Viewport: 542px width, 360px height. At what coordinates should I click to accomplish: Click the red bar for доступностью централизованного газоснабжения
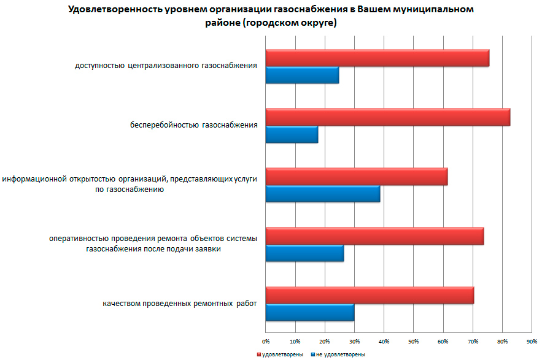point(377,58)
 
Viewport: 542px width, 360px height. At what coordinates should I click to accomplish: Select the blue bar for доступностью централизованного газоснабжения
point(302,75)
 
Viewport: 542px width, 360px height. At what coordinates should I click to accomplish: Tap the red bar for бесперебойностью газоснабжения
point(387,117)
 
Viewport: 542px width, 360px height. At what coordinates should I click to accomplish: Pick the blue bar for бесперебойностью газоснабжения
point(292,134)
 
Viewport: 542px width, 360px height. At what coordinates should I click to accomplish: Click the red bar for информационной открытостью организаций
point(356,177)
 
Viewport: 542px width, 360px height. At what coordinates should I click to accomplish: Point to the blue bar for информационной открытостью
point(322,194)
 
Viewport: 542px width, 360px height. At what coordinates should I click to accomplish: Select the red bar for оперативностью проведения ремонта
point(374,236)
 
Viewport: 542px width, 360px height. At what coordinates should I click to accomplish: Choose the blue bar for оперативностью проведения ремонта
point(304,253)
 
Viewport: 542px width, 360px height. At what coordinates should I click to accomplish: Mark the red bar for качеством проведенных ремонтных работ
point(370,296)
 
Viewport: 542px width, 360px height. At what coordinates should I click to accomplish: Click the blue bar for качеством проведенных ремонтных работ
point(309,313)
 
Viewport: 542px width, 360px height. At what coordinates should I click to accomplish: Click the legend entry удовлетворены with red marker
point(276,354)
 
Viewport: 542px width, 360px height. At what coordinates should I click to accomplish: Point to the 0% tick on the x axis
point(266,340)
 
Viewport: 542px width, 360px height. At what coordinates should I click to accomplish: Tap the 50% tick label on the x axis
point(414,340)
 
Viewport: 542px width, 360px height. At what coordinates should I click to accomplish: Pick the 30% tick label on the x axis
point(354,340)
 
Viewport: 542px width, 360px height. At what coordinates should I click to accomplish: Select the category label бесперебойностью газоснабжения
point(193,126)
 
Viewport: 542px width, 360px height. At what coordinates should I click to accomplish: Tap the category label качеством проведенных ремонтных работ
point(179,304)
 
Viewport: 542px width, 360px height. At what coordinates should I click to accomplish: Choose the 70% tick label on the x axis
point(473,340)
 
